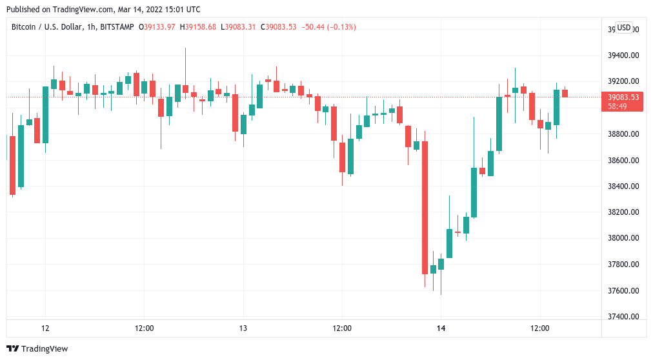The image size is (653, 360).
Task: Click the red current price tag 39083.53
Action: pos(623,97)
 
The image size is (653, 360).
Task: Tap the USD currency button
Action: pos(624,28)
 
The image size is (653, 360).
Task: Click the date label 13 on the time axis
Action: pos(243,328)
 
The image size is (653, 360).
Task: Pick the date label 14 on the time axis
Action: pos(441,328)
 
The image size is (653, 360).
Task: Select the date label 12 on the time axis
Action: pos(45,328)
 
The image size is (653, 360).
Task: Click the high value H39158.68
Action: pos(199,27)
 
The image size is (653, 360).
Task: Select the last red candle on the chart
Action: pos(565,94)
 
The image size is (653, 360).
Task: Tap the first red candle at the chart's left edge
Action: pos(12,165)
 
